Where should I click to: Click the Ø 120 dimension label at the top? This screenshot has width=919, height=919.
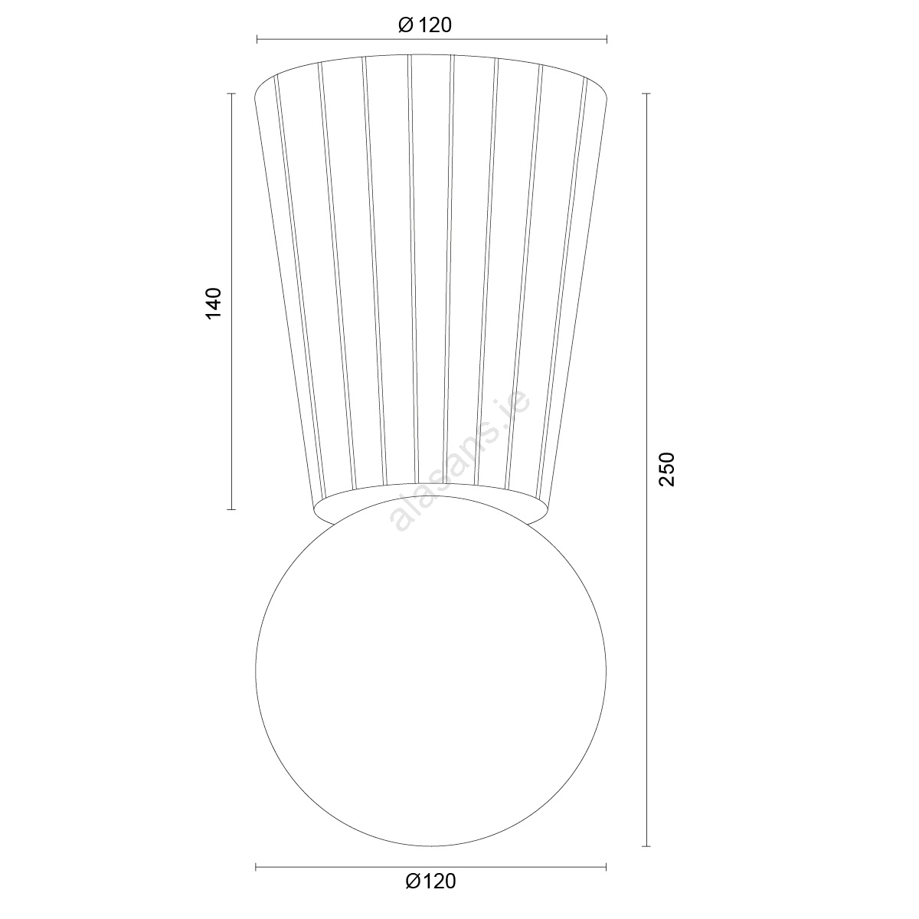(x=424, y=25)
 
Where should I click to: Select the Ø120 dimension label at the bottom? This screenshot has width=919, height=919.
(x=430, y=881)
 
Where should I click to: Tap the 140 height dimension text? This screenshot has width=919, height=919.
(x=214, y=303)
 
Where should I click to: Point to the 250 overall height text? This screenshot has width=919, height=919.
(x=667, y=469)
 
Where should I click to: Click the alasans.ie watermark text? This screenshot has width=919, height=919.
(x=459, y=461)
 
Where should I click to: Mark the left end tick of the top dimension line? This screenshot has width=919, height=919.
(x=257, y=40)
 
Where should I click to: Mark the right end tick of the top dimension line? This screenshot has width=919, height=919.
(x=607, y=40)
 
